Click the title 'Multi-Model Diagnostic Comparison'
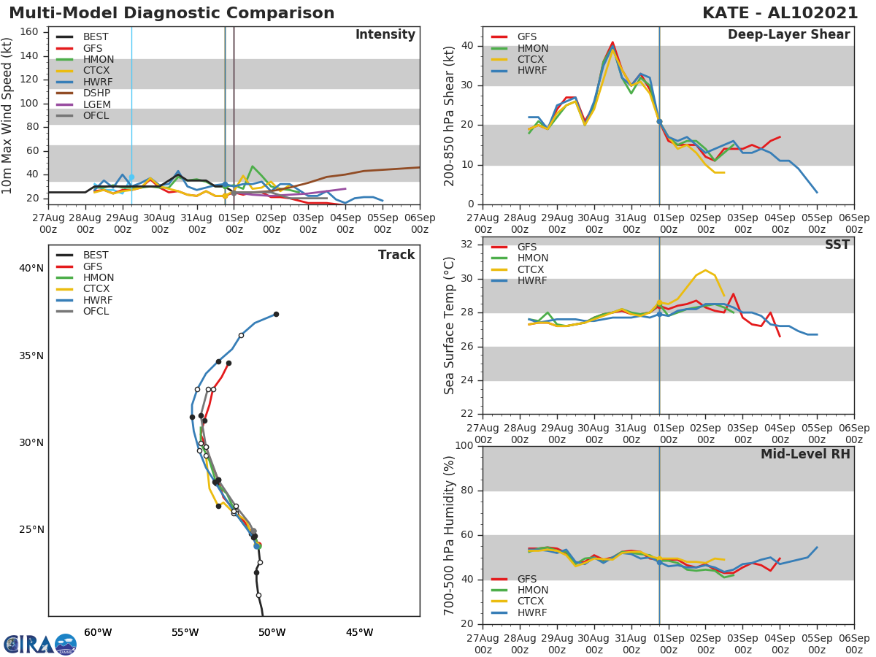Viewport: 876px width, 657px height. pyautogui.click(x=172, y=13)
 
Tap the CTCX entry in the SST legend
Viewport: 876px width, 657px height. pyautogui.click(x=532, y=269)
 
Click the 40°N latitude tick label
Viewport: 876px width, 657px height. pyautogui.click(x=31, y=269)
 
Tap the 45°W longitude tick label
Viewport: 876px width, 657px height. pyautogui.click(x=359, y=632)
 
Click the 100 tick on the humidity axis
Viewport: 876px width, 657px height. pyautogui.click(x=463, y=446)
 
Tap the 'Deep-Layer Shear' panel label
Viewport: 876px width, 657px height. pyautogui.click(x=788, y=35)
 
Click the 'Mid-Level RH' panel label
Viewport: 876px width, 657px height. pyautogui.click(x=805, y=454)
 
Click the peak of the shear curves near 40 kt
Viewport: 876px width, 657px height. pyautogui.click(x=612, y=44)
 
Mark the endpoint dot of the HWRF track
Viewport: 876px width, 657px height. pyautogui.click(x=276, y=315)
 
